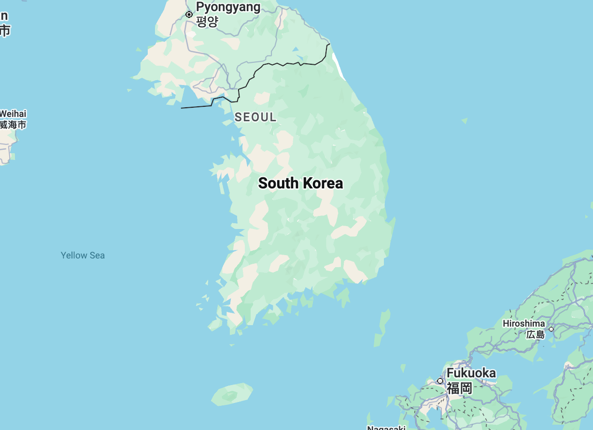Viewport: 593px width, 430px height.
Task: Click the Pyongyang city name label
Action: pyautogui.click(x=228, y=7)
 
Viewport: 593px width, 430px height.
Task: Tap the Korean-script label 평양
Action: pyautogui.click(x=207, y=21)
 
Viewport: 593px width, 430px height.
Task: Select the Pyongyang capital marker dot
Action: pyautogui.click(x=189, y=14)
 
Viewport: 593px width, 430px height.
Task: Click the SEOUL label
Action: pyautogui.click(x=255, y=117)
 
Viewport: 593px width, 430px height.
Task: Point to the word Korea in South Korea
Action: pyautogui.click(x=323, y=183)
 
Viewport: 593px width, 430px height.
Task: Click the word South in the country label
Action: pyautogui.click(x=278, y=183)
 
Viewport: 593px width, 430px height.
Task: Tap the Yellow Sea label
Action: pyautogui.click(x=83, y=255)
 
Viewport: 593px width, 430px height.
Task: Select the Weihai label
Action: pyautogui.click(x=13, y=114)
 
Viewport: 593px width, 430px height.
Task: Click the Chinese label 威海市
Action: pyautogui.click(x=13, y=125)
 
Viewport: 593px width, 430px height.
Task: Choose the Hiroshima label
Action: pyautogui.click(x=523, y=323)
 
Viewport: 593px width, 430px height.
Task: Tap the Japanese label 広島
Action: pyautogui.click(x=535, y=334)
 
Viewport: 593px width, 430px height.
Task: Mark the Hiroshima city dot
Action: pyautogui.click(x=551, y=329)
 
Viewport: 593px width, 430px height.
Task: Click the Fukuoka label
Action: pyautogui.click(x=471, y=373)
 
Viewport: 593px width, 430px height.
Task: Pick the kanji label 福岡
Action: pyautogui.click(x=459, y=387)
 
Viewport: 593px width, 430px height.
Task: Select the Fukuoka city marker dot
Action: pyautogui.click(x=440, y=381)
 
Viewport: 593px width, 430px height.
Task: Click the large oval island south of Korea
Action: pyautogui.click(x=232, y=394)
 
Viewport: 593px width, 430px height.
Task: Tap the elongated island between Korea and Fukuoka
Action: pyautogui.click(x=382, y=327)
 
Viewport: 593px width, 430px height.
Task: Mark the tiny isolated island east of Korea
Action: pyautogui.click(x=465, y=120)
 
